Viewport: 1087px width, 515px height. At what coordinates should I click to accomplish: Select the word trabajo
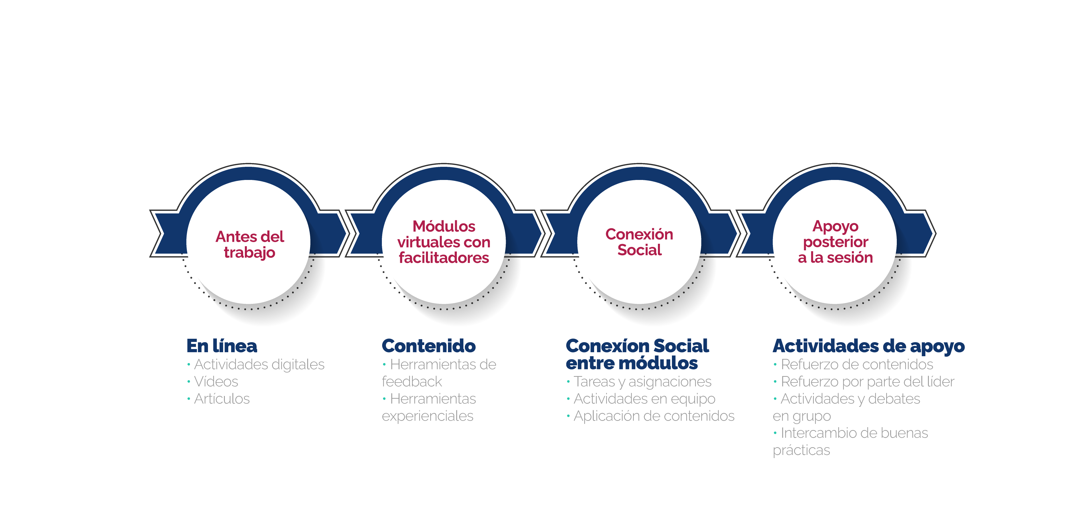click(x=249, y=252)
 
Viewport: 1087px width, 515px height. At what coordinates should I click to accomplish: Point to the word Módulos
click(x=444, y=226)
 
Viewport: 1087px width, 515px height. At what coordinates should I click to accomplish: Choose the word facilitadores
click(x=444, y=258)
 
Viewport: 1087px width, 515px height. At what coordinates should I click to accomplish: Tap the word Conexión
click(x=639, y=234)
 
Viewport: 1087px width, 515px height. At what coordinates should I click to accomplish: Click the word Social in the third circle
click(x=639, y=250)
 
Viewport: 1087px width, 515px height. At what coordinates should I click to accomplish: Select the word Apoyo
click(x=835, y=227)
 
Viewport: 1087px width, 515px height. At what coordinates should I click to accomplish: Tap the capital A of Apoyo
click(x=819, y=226)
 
